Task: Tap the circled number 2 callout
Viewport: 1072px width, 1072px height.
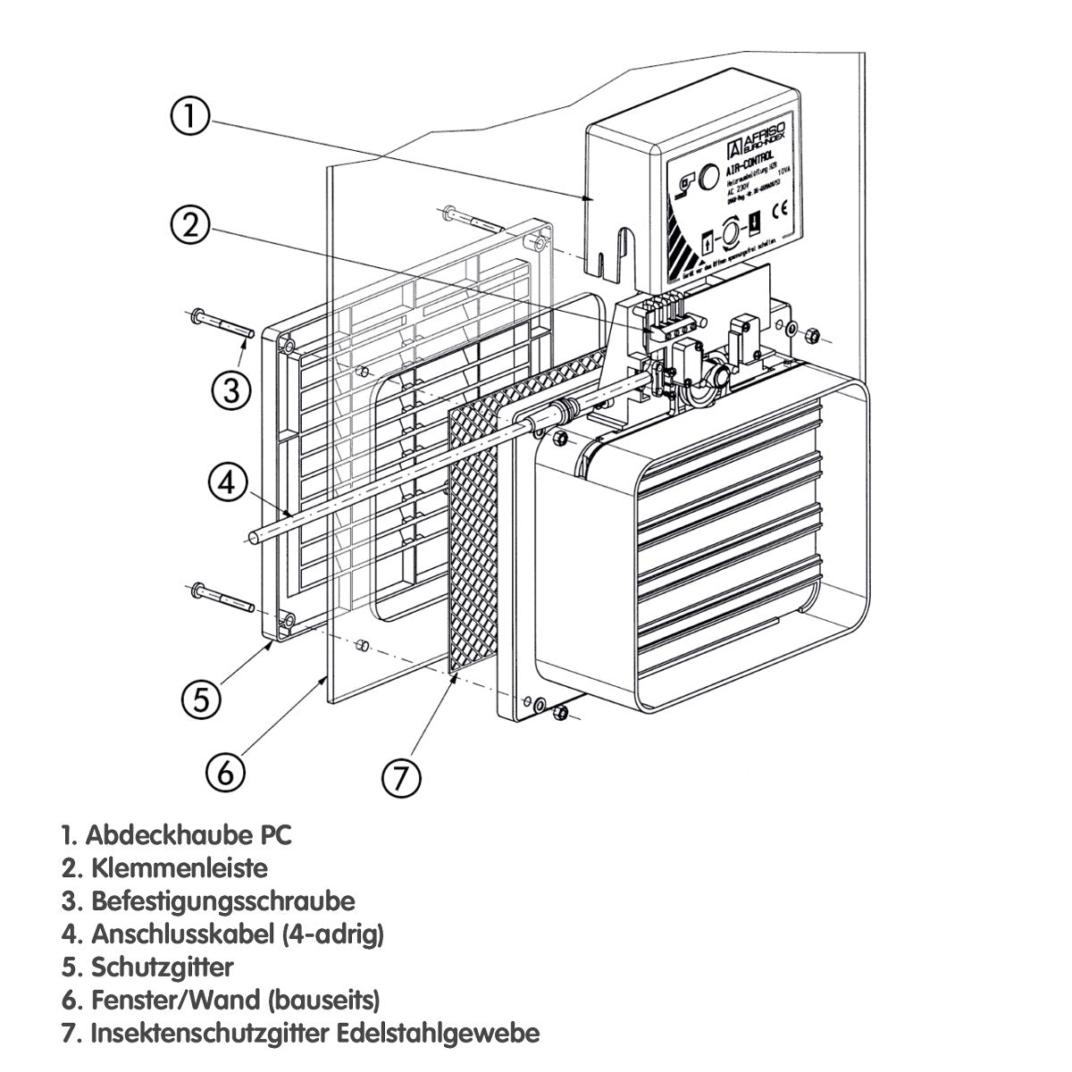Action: point(190,225)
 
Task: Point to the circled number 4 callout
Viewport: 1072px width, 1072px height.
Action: point(227,482)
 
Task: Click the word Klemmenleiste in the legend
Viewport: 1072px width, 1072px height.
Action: point(179,867)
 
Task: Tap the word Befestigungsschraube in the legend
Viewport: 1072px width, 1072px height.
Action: point(222,900)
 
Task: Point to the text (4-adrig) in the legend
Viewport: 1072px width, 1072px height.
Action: point(332,934)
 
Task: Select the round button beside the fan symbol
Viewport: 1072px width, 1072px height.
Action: point(708,176)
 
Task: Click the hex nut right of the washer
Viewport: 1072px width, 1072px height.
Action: point(812,337)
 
